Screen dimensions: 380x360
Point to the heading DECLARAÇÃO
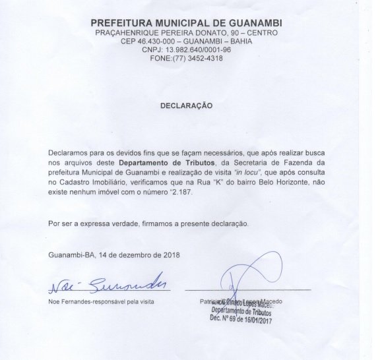coord(187,105)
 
